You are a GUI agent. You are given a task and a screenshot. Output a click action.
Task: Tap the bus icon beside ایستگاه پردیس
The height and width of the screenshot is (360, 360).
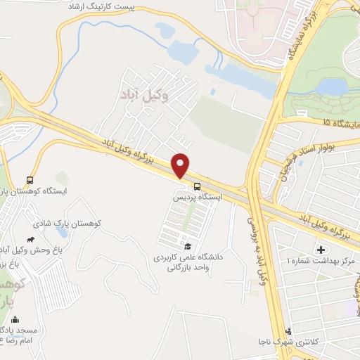[198, 187]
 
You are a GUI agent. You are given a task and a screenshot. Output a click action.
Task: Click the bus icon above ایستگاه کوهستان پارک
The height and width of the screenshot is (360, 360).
[30, 180]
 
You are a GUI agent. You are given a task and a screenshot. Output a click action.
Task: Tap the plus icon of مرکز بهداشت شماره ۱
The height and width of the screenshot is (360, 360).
[322, 250]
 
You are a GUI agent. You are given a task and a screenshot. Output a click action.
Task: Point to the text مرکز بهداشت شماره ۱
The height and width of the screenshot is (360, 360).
[321, 261]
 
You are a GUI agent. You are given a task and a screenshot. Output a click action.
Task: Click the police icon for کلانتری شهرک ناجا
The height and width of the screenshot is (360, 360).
[288, 331]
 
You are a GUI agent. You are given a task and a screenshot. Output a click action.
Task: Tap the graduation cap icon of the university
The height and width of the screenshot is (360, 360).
[188, 246]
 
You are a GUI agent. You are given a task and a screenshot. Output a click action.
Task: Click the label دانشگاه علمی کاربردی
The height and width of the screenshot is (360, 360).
[188, 257]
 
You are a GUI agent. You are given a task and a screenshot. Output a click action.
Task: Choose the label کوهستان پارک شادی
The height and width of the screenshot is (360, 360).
[67, 223]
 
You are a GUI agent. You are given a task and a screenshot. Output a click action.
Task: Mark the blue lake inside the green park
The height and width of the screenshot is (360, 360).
[330, 86]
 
